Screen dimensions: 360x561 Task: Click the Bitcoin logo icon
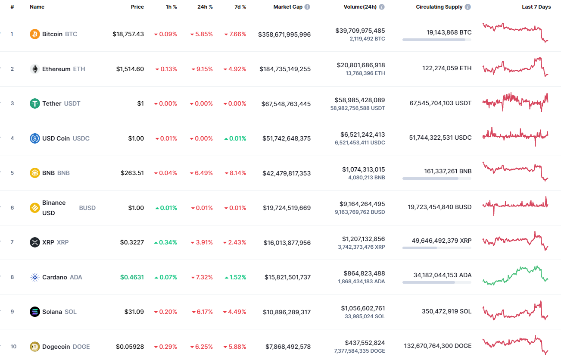pyautogui.click(x=35, y=34)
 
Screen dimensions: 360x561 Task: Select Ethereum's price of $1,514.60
pyautogui.click(x=130, y=69)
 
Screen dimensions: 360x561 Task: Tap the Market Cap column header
pyautogui.click(x=288, y=7)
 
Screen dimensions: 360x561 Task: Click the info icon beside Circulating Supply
pyautogui.click(x=468, y=7)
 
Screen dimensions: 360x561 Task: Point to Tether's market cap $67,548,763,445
pyautogui.click(x=286, y=104)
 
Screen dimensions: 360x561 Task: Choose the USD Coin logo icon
pyautogui.click(x=35, y=138)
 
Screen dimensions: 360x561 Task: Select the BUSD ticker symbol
pyautogui.click(x=87, y=208)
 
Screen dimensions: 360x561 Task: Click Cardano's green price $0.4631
pyautogui.click(x=132, y=277)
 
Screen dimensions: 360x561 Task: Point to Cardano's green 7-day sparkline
pyautogui.click(x=515, y=275)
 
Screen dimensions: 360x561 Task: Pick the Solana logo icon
pyautogui.click(x=35, y=312)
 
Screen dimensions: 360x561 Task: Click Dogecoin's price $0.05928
pyautogui.click(x=130, y=347)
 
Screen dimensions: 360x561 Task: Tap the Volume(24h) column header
pyautogui.click(x=360, y=7)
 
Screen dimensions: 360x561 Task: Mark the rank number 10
pyautogui.click(x=13, y=347)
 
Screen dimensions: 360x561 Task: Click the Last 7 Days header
pyautogui.click(x=536, y=7)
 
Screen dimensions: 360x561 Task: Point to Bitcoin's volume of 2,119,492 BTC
pyautogui.click(x=368, y=39)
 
